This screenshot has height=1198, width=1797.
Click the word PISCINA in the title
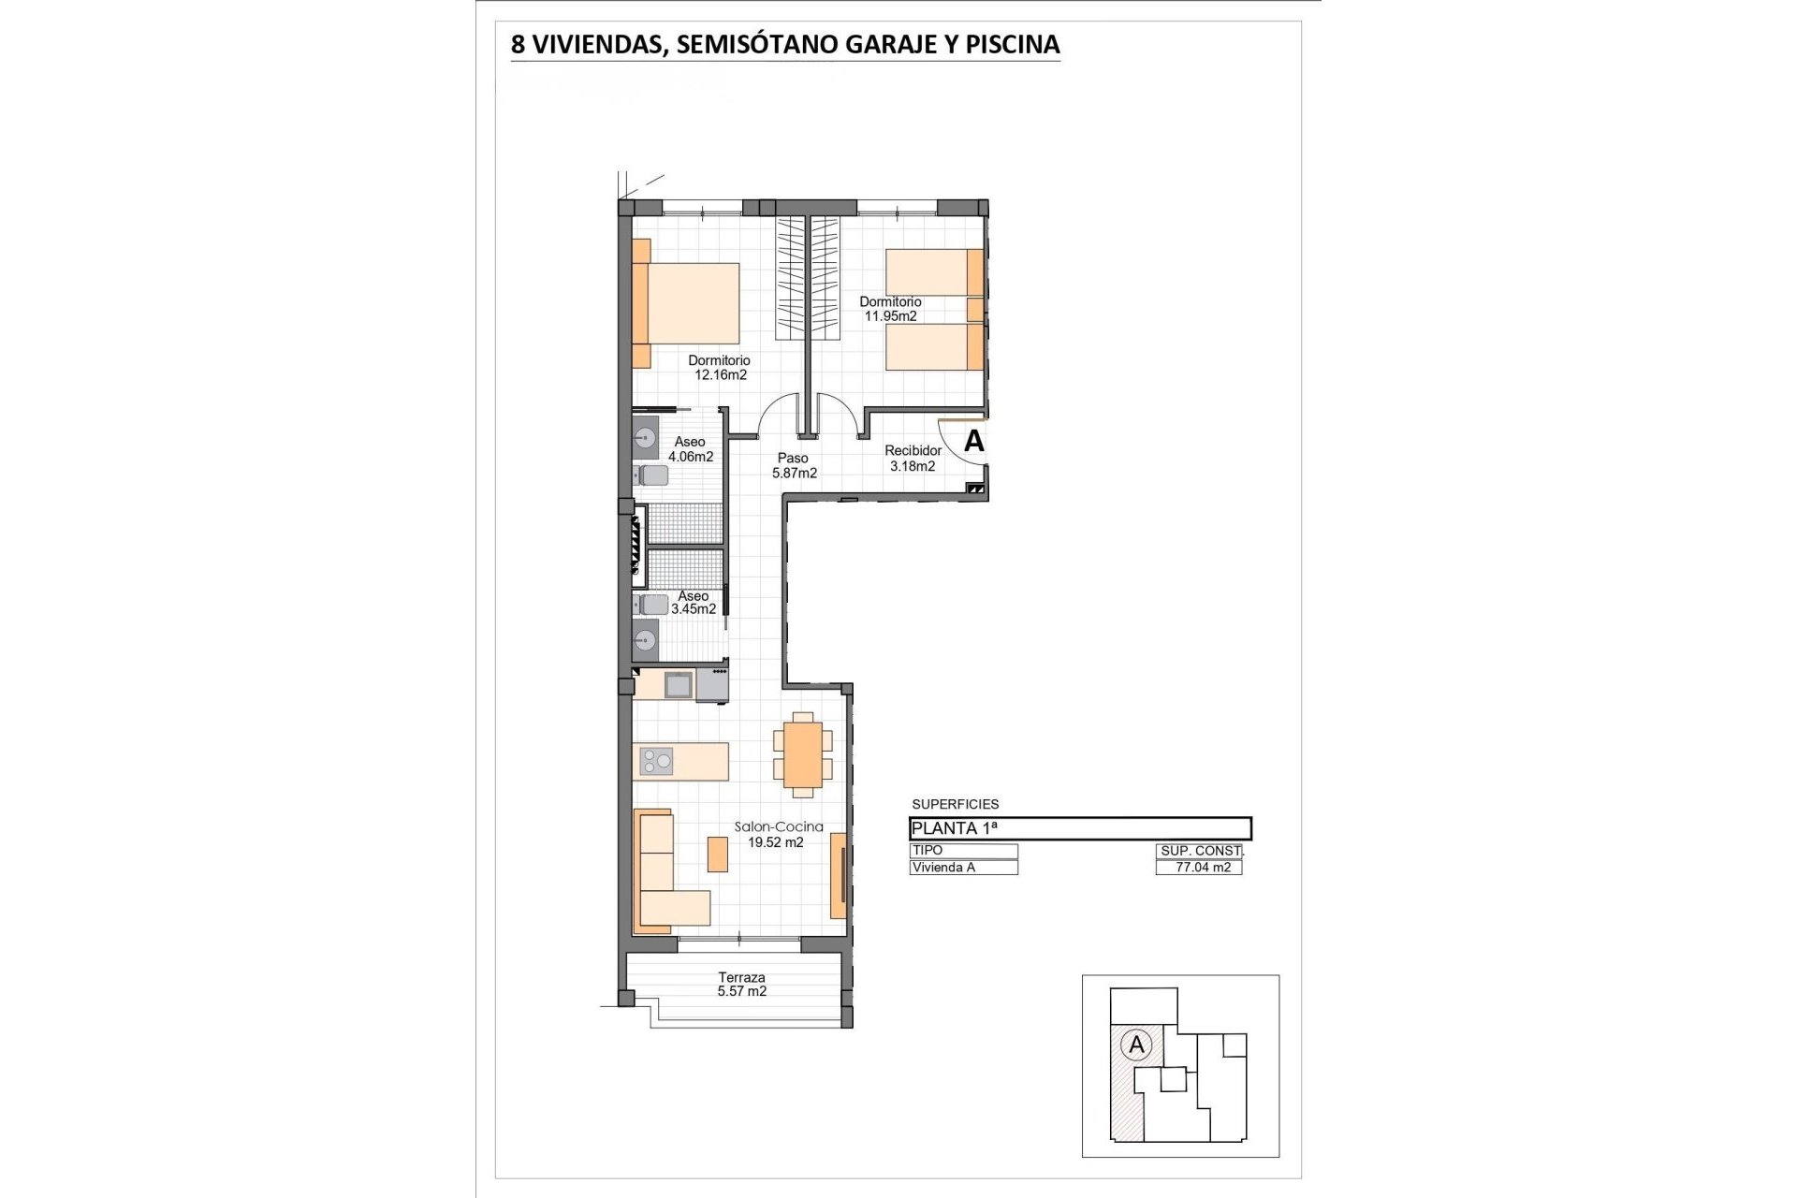pos(1014,44)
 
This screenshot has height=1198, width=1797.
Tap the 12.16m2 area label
pos(720,375)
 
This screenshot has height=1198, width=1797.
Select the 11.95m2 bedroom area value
pos(890,316)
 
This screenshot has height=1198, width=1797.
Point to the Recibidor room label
pos(913,451)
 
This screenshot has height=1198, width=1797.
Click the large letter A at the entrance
pos(974,441)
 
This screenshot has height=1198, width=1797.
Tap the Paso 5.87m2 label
pos(794,466)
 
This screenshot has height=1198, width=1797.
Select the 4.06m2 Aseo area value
pos(691,458)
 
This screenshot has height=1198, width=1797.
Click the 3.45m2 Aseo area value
pos(694,609)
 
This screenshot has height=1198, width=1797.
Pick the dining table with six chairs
pos(803,754)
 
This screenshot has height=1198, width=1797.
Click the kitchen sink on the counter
pos(679,685)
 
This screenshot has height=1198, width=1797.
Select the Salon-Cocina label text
pos(779,826)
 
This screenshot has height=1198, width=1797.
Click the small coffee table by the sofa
pos(718,853)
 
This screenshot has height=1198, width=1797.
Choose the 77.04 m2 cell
pos(1200,868)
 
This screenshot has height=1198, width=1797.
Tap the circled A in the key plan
pos(1137,1045)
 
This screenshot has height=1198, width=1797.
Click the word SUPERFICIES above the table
pos(956,804)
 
